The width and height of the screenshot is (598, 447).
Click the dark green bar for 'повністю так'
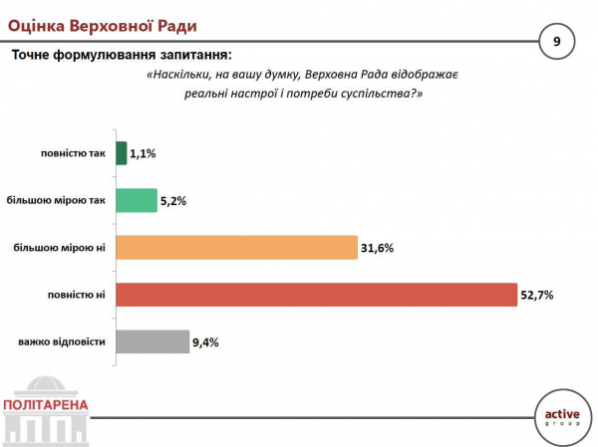(x=122, y=153)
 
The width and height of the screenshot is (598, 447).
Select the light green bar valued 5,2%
(x=136, y=200)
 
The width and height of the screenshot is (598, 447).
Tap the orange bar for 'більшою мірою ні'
(x=237, y=247)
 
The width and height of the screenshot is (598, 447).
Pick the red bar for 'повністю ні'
(x=317, y=295)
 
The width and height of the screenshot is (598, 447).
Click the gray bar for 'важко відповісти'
(x=152, y=341)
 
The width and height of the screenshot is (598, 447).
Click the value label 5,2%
(x=173, y=200)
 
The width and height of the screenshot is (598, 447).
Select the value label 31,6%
(x=379, y=247)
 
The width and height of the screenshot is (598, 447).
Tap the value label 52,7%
(x=537, y=295)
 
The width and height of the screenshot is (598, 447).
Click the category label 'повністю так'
(x=73, y=153)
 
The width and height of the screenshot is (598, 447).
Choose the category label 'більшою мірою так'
(x=56, y=200)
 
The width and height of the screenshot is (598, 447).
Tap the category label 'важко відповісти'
(x=61, y=341)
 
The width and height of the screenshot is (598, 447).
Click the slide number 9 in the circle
(x=556, y=41)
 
